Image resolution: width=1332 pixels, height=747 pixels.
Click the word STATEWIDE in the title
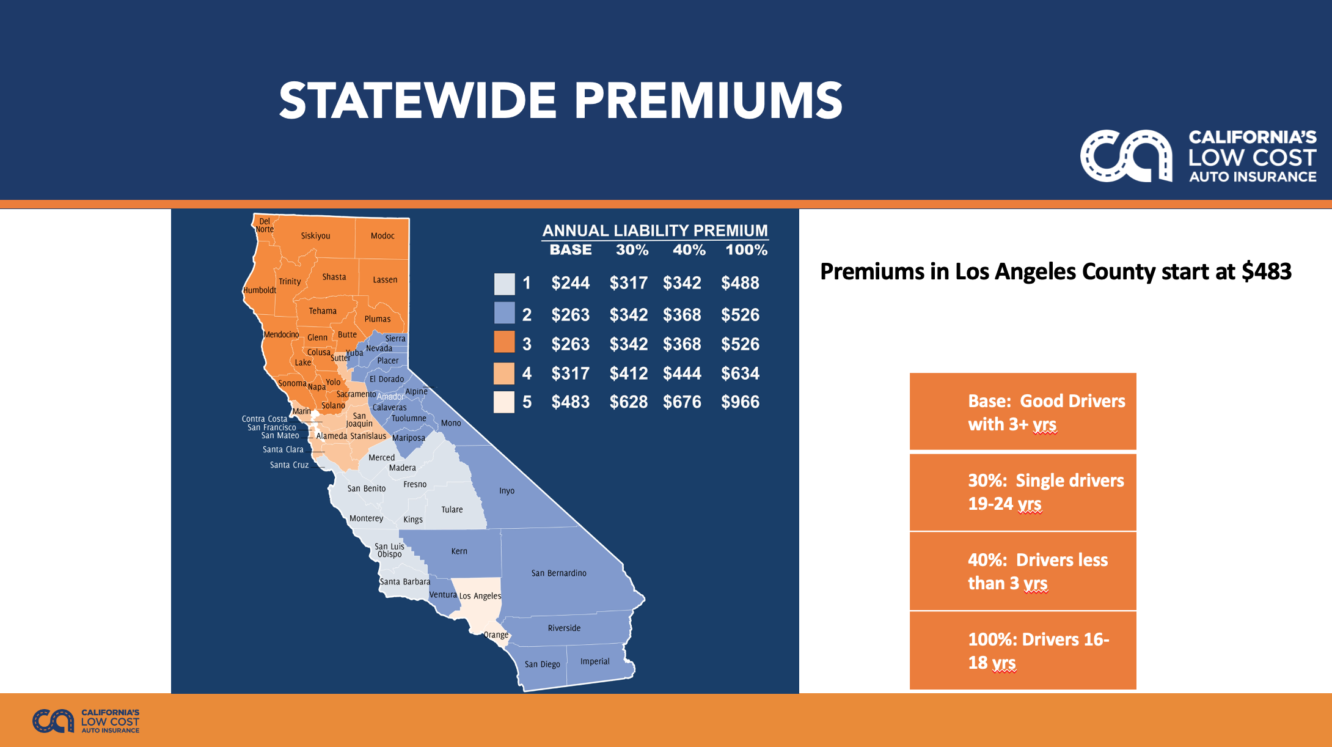(418, 101)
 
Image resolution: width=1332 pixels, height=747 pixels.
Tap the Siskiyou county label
(315, 236)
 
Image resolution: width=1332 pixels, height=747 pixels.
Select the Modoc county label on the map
(382, 236)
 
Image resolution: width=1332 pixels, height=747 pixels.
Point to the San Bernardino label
(558, 573)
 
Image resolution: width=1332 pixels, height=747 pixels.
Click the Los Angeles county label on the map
(480, 596)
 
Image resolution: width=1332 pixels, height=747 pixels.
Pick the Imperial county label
(595, 661)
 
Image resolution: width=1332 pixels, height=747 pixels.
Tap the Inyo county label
(507, 491)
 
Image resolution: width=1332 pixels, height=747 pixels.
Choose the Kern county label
(459, 551)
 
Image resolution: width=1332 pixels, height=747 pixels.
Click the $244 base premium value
(570, 283)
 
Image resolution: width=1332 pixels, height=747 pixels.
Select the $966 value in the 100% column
(740, 402)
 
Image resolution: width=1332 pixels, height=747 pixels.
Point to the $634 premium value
(740, 373)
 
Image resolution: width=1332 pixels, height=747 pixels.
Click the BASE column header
(571, 250)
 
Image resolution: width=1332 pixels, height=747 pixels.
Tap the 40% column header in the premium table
(689, 250)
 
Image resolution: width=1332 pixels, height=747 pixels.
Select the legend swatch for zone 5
(504, 402)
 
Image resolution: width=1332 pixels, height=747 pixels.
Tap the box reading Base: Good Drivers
(1023, 411)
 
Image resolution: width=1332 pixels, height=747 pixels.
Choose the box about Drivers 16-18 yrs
(1023, 650)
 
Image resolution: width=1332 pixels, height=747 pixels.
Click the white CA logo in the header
(1126, 156)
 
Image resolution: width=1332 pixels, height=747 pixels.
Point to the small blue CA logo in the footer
(53, 721)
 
